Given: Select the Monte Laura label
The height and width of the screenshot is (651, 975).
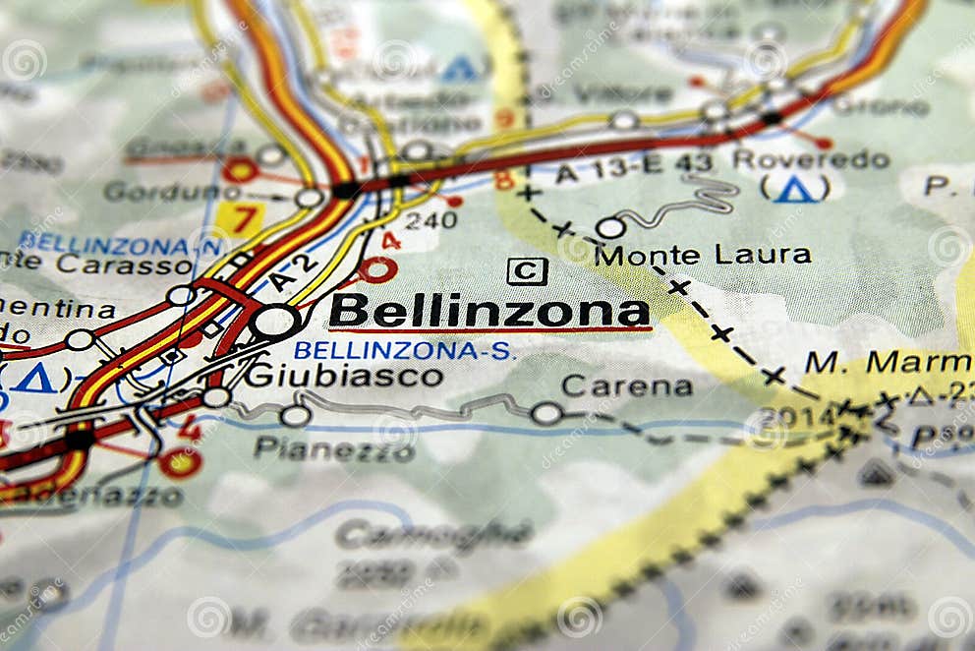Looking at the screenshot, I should click(x=703, y=255).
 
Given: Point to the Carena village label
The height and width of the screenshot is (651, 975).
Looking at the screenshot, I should click(x=626, y=386).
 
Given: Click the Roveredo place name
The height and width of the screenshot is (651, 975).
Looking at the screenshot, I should click(x=811, y=159).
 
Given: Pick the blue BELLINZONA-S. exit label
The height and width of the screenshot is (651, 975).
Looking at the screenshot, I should click(x=404, y=350).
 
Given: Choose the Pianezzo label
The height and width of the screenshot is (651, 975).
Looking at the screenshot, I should click(x=334, y=450).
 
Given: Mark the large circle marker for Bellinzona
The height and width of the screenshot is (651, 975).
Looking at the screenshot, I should click(x=275, y=321).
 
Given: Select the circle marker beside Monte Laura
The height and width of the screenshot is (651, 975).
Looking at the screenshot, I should click(x=610, y=228).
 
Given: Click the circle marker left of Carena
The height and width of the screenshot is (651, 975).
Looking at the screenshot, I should click(x=546, y=414).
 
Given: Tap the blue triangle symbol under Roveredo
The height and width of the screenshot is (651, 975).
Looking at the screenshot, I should click(x=794, y=189).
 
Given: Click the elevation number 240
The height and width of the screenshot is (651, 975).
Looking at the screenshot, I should click(x=430, y=220).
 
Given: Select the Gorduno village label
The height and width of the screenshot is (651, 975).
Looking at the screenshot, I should click(x=172, y=192).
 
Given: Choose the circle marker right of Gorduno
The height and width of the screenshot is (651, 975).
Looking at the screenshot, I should click(x=310, y=198).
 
